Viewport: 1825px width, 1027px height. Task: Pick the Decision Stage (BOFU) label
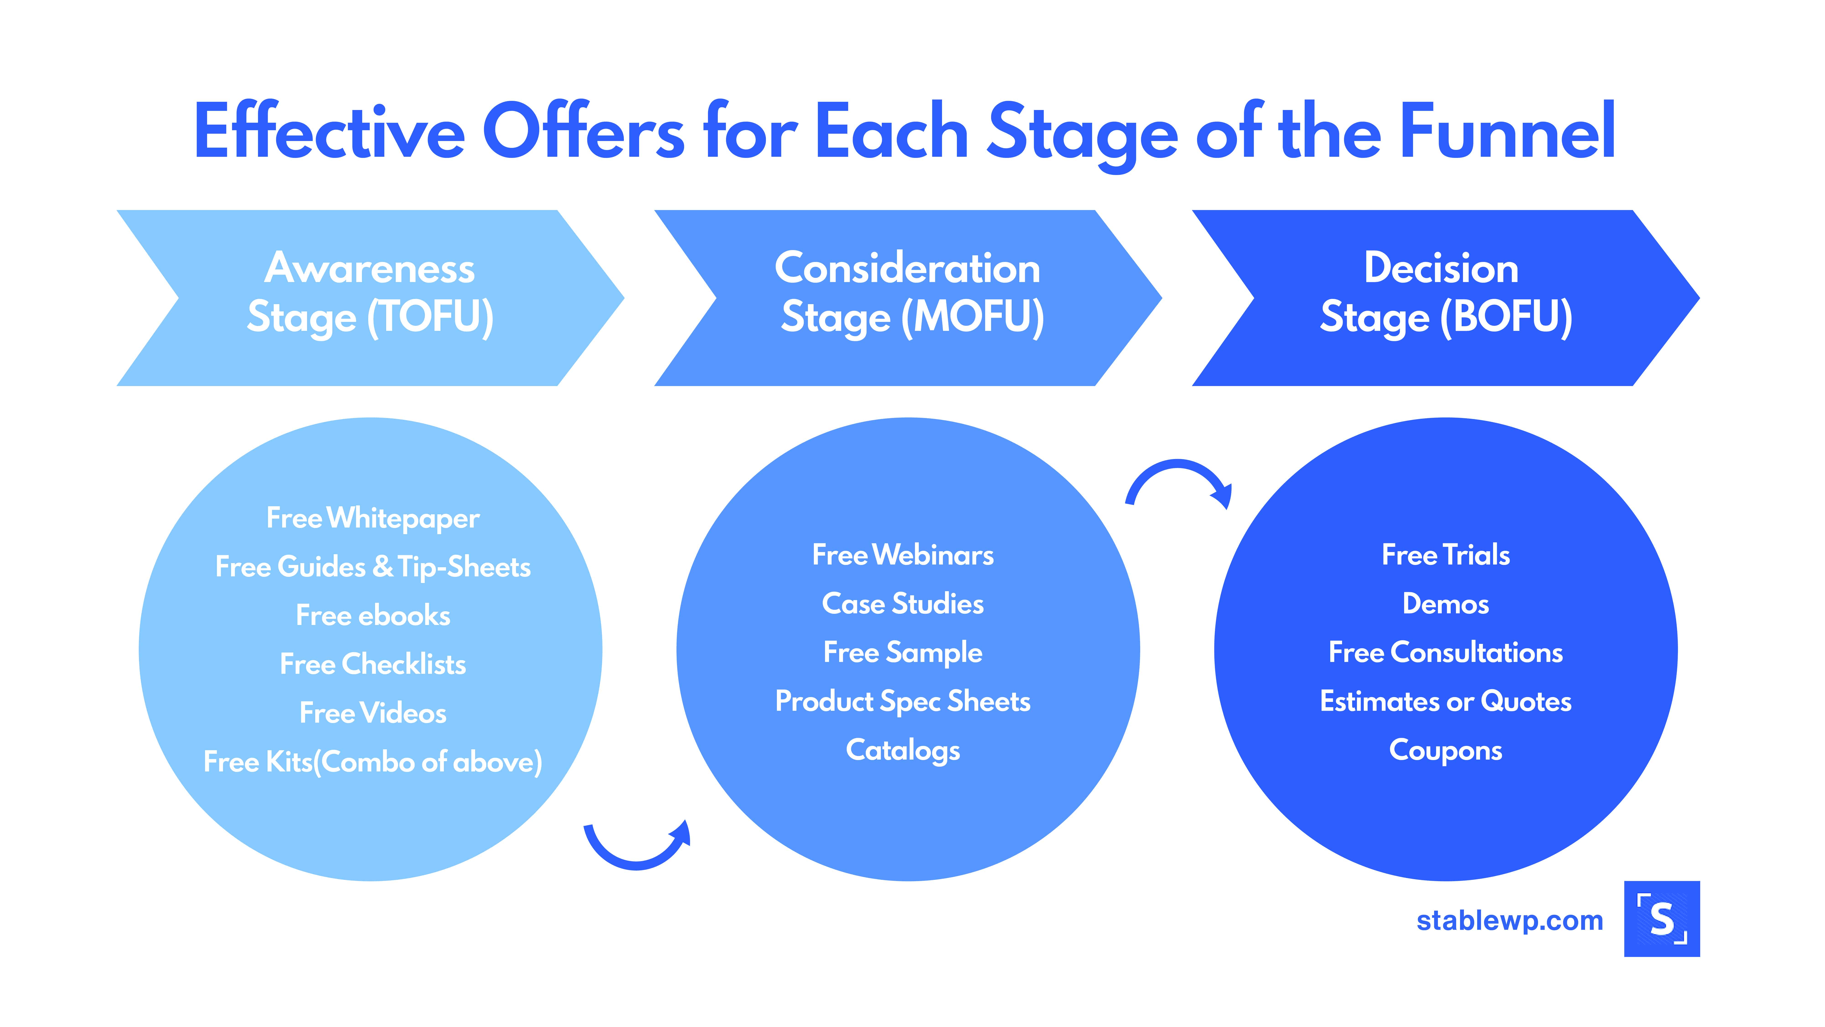pos(1446,293)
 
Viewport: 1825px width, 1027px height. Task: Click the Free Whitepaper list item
pos(373,518)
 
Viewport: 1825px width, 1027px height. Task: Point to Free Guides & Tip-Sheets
pos(373,567)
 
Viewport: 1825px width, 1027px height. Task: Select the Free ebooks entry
pos(373,615)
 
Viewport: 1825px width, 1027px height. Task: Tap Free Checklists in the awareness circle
pos(373,664)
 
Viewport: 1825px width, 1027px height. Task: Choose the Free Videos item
pos(373,713)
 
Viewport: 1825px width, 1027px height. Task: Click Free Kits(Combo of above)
pos(373,762)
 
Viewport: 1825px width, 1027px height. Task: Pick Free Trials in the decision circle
pos(1446,555)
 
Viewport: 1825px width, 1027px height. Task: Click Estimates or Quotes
pos(1446,702)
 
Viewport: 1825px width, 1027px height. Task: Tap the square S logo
pos(1662,919)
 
